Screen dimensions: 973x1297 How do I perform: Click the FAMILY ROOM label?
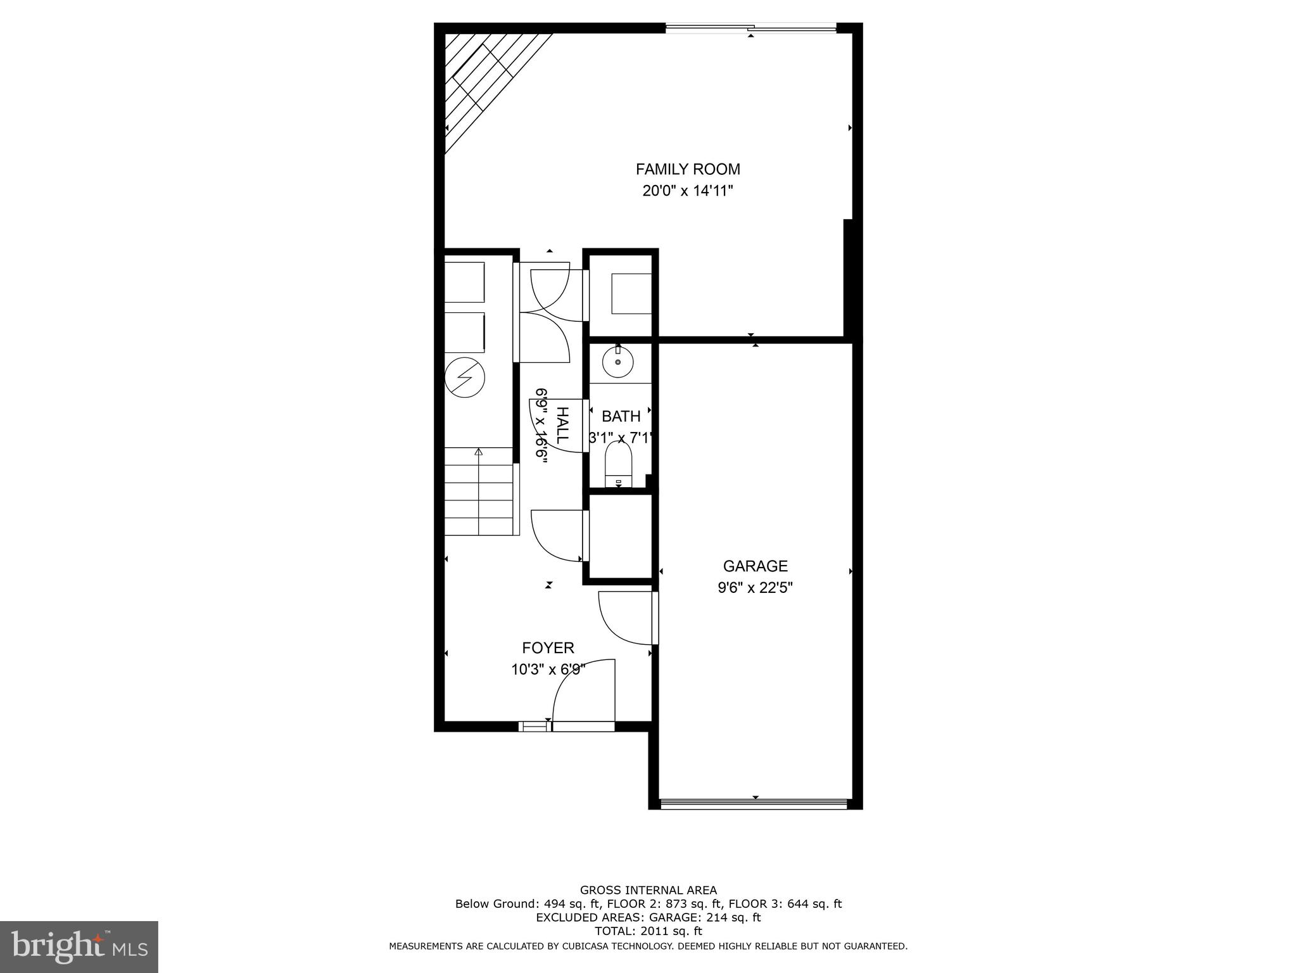click(x=688, y=169)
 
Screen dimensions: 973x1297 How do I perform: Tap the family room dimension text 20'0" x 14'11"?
click(x=688, y=191)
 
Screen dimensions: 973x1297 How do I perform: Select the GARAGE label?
click(x=755, y=566)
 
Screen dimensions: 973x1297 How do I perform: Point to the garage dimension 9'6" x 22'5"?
click(x=755, y=588)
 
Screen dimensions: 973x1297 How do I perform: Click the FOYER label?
click(x=548, y=648)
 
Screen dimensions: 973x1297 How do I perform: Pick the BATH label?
click(x=621, y=416)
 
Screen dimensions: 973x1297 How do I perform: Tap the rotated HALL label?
click(x=562, y=425)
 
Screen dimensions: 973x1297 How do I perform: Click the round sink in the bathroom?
click(x=617, y=363)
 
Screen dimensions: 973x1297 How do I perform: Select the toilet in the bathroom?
click(x=619, y=462)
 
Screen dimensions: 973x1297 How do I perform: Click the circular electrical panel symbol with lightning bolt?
click(x=465, y=378)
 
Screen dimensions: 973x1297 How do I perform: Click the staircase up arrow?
click(x=479, y=452)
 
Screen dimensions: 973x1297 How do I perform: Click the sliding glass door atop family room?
click(x=750, y=27)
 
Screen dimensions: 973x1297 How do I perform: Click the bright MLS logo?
click(x=79, y=946)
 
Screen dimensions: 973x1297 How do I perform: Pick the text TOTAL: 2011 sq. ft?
click(x=648, y=931)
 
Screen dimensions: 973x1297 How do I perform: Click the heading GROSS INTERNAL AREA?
click(x=648, y=890)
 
